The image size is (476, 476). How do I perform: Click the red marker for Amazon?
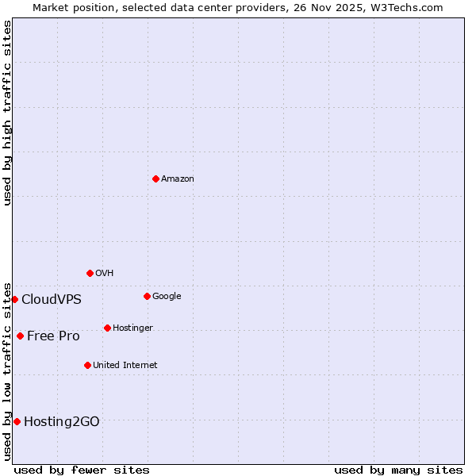(155, 178)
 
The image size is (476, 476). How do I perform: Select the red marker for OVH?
(90, 273)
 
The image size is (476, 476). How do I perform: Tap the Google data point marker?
(147, 296)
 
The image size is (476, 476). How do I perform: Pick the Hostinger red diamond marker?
(107, 328)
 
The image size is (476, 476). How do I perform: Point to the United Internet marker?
(87, 365)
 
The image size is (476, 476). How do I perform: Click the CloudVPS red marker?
(14, 299)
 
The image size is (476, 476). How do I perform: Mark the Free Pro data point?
(20, 336)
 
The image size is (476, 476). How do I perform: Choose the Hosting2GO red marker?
(17, 421)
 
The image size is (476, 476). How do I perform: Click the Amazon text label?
(177, 179)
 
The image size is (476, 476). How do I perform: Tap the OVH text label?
(104, 274)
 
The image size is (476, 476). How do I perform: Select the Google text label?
(167, 297)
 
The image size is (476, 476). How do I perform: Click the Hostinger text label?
(132, 328)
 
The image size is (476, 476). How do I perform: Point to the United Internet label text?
(125, 366)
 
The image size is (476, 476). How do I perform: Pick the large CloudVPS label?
(51, 300)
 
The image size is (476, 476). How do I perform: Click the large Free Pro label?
(53, 336)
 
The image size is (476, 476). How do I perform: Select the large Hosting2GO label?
(61, 422)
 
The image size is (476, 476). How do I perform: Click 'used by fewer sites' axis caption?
(82, 470)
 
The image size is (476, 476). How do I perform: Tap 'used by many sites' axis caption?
(397, 470)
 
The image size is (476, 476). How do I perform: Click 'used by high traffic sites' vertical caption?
(7, 113)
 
